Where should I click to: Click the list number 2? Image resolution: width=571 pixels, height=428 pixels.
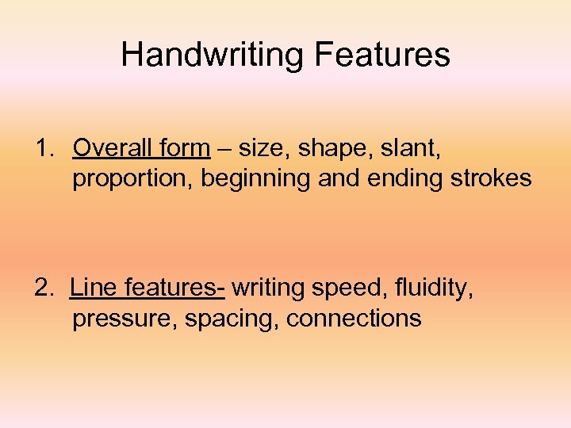[44, 288]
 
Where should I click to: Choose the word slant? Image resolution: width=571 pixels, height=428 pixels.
[409, 148]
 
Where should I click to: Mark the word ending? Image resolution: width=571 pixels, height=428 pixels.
[400, 180]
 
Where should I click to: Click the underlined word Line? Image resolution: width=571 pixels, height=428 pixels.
[93, 288]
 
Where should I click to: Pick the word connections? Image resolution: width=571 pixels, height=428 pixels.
[354, 319]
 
